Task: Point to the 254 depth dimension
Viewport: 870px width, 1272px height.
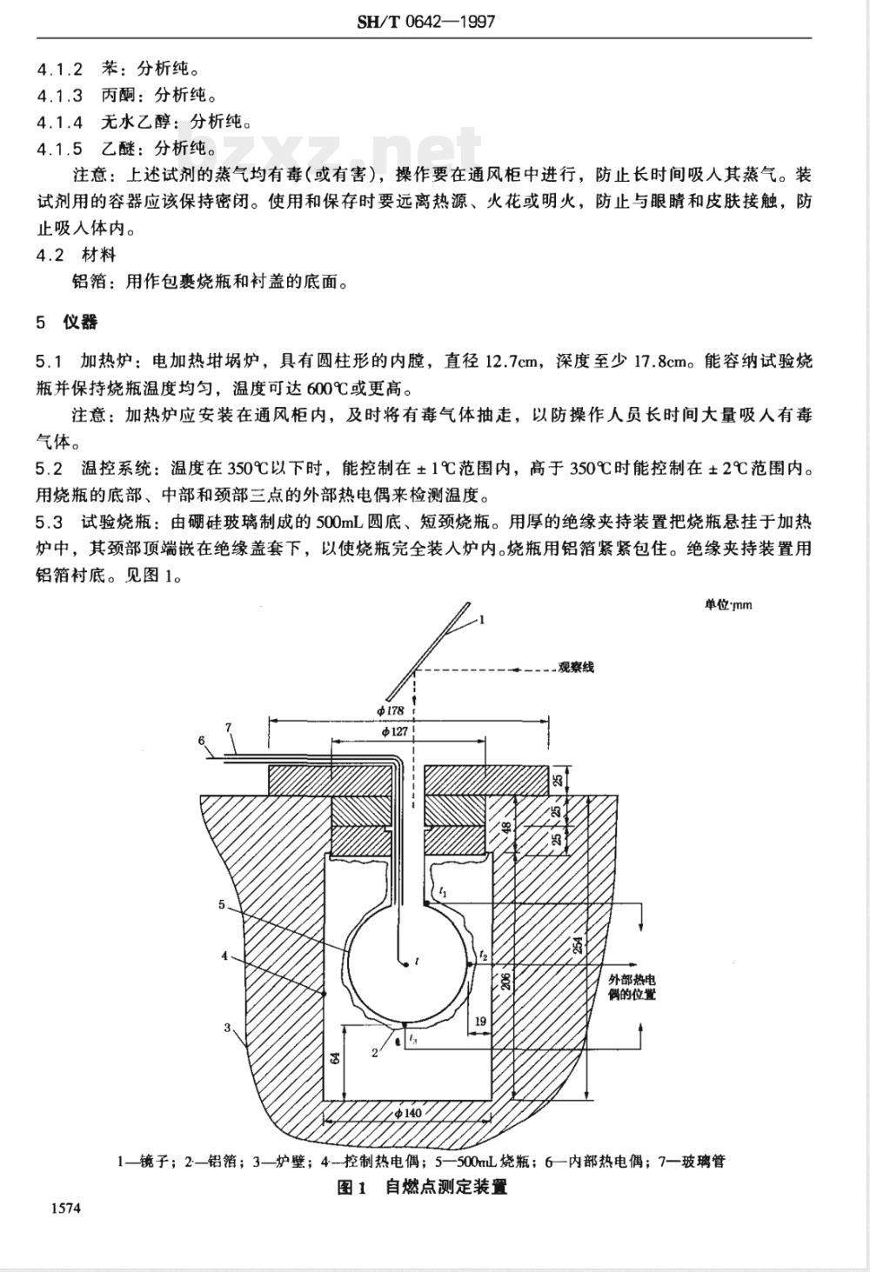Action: (578, 943)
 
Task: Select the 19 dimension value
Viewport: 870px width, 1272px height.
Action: (480, 1021)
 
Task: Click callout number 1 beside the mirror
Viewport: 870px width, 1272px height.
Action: (482, 620)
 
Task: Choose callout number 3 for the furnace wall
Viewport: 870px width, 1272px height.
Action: (227, 1028)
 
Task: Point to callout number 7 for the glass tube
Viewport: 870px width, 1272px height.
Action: (229, 727)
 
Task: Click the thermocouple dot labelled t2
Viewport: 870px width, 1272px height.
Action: (470, 964)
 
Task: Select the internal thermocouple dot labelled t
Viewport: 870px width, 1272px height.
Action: (405, 964)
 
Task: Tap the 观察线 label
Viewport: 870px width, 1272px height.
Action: (576, 667)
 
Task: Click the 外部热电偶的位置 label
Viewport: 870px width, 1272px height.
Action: (632, 987)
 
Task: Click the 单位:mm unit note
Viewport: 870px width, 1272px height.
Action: (728, 605)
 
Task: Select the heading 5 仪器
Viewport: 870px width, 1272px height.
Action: (66, 322)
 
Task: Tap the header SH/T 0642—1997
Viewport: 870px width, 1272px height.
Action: (425, 22)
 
